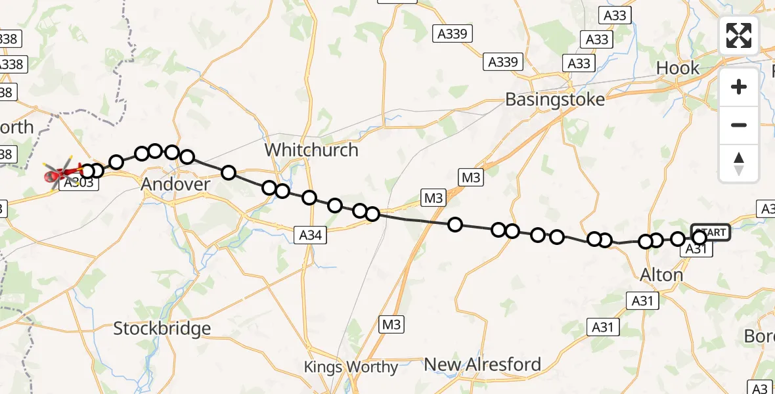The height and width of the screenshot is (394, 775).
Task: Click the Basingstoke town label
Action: (555, 100)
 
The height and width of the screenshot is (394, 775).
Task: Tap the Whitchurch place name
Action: (311, 150)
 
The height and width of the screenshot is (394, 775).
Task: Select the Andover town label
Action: (175, 185)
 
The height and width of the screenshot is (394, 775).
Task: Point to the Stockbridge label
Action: (162, 328)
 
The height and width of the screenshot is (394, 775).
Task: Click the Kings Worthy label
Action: (351, 367)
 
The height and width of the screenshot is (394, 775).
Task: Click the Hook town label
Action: (678, 68)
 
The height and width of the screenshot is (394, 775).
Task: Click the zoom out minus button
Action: (739, 125)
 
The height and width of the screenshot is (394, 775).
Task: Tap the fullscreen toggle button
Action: (739, 35)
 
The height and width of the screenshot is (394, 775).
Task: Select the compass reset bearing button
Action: (739, 163)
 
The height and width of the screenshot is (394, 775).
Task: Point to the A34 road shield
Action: (310, 234)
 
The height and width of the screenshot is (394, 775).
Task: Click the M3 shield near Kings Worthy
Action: (391, 324)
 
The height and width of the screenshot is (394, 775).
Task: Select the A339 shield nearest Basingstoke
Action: (504, 62)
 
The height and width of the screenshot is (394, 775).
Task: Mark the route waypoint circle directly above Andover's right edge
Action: (187, 157)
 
